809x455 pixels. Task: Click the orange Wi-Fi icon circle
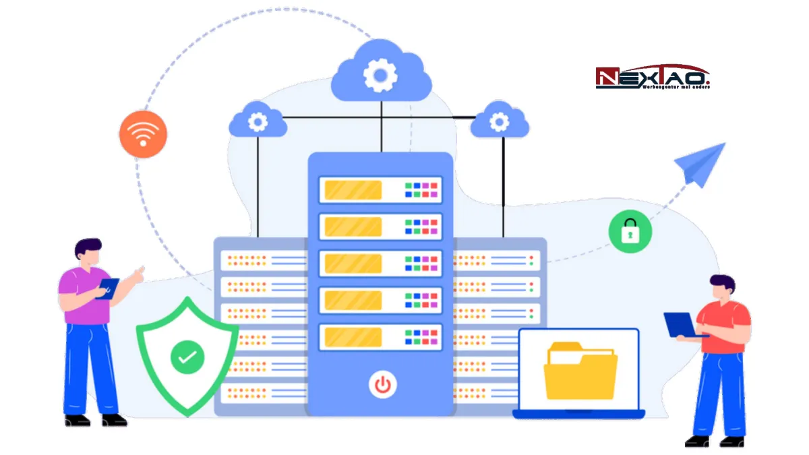[x=142, y=134]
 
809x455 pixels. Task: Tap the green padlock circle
[x=630, y=231]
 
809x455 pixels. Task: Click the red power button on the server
[x=382, y=385]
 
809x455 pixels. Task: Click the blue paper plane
[x=701, y=164]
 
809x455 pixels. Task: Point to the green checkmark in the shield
[x=187, y=356]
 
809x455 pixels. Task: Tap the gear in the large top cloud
[x=380, y=74]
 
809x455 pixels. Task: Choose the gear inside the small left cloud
[x=257, y=122]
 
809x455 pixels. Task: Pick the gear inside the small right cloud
[x=499, y=122]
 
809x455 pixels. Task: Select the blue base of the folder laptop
[x=578, y=414]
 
